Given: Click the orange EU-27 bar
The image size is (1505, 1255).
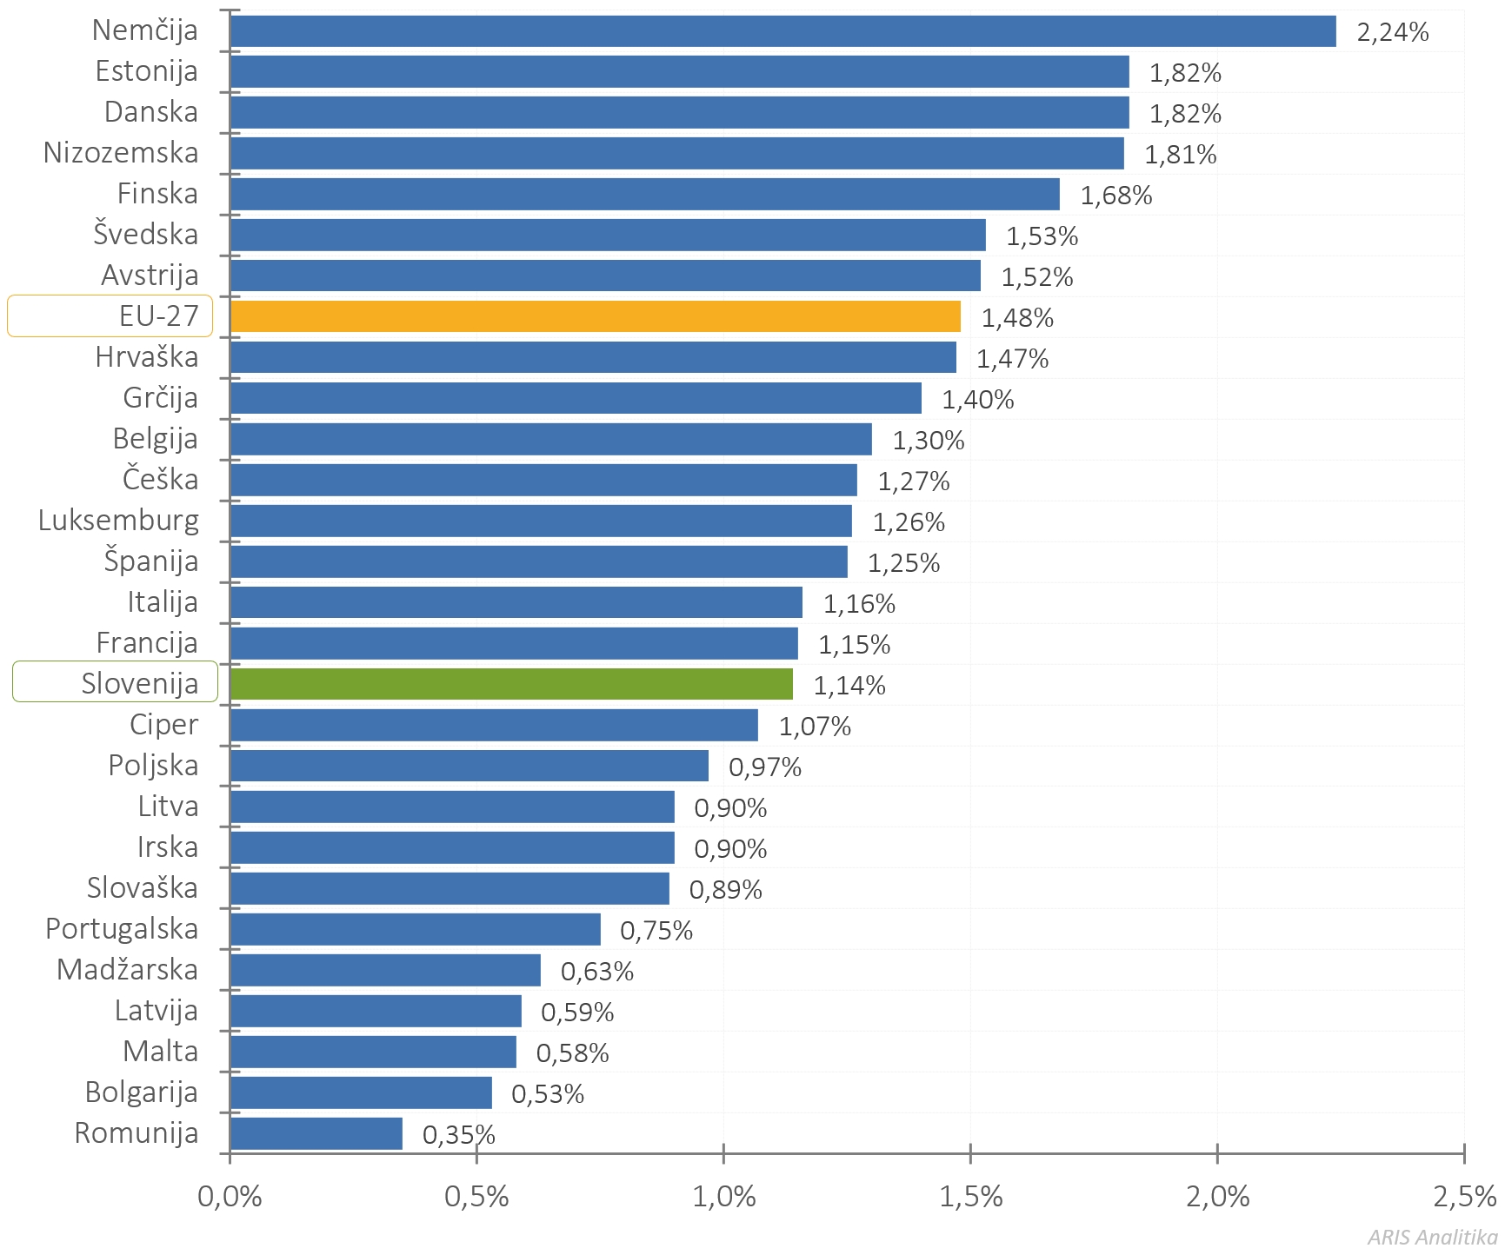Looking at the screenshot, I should (x=596, y=316).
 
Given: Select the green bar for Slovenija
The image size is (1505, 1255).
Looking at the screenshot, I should (x=511, y=684).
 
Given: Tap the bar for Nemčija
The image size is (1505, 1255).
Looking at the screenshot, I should (x=782, y=31).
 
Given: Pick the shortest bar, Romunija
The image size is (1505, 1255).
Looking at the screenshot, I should (x=316, y=1133).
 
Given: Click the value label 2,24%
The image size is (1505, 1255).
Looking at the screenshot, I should (x=1392, y=32).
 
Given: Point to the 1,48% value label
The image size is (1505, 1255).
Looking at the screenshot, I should (x=1016, y=318).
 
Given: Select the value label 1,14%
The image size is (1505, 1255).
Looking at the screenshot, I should (x=849, y=686).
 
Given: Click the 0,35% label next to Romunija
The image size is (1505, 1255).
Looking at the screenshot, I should (x=458, y=1135).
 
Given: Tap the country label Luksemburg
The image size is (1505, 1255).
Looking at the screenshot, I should (x=118, y=521).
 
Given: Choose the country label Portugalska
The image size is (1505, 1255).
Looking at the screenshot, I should (x=122, y=929).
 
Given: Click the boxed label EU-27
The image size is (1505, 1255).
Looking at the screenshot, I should (x=158, y=315).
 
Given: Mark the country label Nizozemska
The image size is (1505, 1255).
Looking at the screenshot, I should (x=121, y=153).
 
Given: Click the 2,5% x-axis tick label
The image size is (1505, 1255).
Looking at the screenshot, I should (x=1464, y=1197).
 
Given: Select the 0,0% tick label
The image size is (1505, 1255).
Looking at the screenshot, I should (x=230, y=1197).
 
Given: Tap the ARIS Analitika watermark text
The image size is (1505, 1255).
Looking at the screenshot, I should (x=1431, y=1237).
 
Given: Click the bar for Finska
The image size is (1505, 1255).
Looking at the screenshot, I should (x=644, y=194).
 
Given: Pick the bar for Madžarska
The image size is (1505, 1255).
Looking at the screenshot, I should (x=385, y=970).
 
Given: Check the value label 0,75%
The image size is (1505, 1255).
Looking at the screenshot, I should (x=656, y=931).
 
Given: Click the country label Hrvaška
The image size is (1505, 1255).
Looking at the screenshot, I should (x=146, y=357).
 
